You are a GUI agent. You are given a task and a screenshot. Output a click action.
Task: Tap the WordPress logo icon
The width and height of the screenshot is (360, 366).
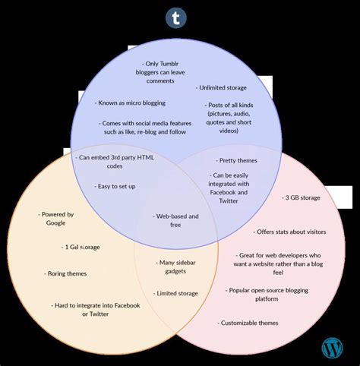332,348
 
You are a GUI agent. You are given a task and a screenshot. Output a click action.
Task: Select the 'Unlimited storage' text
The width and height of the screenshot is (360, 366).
221,88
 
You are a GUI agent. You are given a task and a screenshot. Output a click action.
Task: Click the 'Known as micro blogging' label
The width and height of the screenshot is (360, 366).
131,103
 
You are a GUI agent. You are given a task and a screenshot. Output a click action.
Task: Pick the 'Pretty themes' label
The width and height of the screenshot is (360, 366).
237,160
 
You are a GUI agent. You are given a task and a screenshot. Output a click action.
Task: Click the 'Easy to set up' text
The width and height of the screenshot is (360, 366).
116,186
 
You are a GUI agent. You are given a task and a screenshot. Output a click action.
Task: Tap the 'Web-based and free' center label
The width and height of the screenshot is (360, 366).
176,220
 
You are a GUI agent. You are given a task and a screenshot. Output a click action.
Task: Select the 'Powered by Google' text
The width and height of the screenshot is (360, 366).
57,219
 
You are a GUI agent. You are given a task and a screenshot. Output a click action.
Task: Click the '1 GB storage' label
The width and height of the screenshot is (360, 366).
81,247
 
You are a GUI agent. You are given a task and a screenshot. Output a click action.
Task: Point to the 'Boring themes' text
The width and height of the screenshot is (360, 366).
67,273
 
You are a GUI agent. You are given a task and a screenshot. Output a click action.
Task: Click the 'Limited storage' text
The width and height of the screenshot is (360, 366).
176,293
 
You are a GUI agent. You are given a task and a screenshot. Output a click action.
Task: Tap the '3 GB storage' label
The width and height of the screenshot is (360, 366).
302,197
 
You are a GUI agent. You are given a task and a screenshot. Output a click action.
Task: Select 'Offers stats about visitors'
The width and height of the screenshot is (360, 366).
289,232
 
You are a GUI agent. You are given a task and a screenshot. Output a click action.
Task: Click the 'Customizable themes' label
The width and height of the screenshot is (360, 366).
248,323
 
